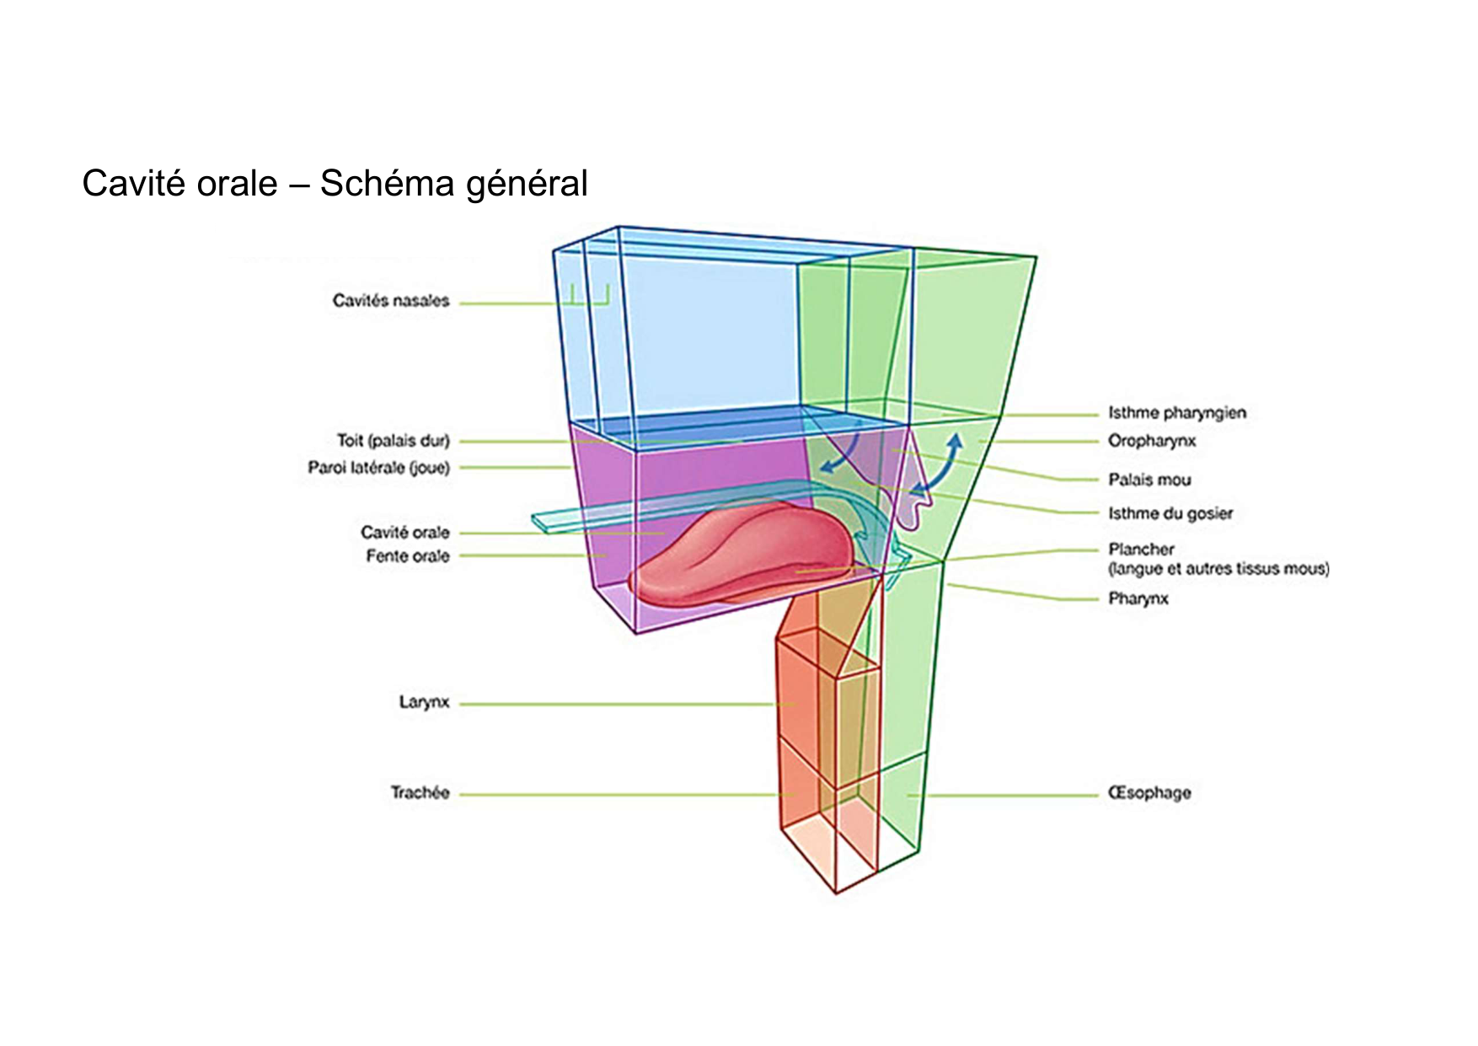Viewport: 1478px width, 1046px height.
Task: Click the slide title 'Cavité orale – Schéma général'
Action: [x=335, y=184]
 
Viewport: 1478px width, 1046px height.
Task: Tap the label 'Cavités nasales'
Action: [x=391, y=301]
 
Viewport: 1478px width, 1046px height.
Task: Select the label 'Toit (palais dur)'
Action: [x=394, y=441]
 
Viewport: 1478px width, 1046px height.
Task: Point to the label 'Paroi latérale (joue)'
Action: [x=379, y=468]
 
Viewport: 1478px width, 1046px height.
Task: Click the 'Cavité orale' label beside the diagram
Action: [x=405, y=533]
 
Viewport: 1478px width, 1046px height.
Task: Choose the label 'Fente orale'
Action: [x=408, y=556]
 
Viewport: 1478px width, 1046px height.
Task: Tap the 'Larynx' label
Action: [x=424, y=703]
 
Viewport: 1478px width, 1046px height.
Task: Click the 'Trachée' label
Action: [x=420, y=793]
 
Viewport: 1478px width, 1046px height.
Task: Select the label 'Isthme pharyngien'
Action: [x=1176, y=413]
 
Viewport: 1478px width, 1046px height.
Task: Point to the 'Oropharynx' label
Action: [x=1152, y=441]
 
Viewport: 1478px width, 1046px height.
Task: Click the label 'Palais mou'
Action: [x=1149, y=480]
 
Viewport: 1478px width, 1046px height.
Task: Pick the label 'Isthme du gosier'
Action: [x=1170, y=513]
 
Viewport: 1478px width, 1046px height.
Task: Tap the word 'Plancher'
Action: [x=1141, y=550]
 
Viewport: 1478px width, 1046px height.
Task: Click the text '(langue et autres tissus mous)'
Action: [x=1218, y=569]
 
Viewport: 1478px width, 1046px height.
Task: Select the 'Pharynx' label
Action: [x=1138, y=599]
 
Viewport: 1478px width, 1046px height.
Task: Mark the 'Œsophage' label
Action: [x=1149, y=793]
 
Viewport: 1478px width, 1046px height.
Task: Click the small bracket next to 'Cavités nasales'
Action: [x=589, y=297]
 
